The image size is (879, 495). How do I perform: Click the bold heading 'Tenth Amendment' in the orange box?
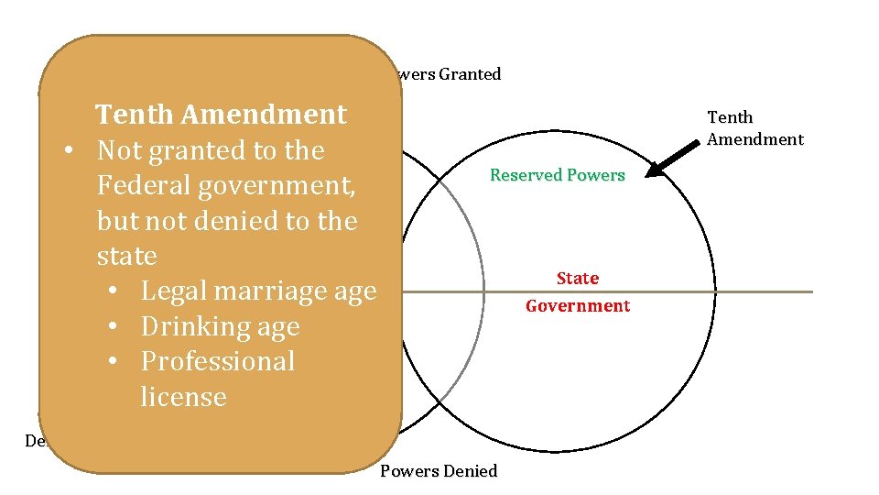pos(221,115)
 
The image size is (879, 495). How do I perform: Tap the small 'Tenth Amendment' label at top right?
pos(754,128)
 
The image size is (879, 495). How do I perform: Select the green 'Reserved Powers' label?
pos(557,175)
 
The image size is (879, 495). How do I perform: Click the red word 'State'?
pos(578,279)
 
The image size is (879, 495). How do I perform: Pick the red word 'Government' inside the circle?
pos(578,306)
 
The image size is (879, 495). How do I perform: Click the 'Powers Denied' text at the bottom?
pos(439,471)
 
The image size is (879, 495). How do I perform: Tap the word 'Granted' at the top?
pos(470,74)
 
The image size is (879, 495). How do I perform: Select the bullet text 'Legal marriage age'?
pos(258,291)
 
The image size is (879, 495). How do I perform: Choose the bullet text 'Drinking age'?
pos(220,327)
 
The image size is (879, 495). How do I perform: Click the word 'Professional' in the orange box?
pos(217,362)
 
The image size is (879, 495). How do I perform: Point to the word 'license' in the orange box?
pos(183,397)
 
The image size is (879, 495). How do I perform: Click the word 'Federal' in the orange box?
pos(146,186)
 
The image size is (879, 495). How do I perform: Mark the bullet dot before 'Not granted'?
pos(70,150)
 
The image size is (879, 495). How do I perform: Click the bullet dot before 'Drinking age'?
pos(112,327)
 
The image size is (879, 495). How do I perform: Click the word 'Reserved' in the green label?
pos(524,175)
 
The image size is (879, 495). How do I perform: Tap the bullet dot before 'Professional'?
pos(112,362)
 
